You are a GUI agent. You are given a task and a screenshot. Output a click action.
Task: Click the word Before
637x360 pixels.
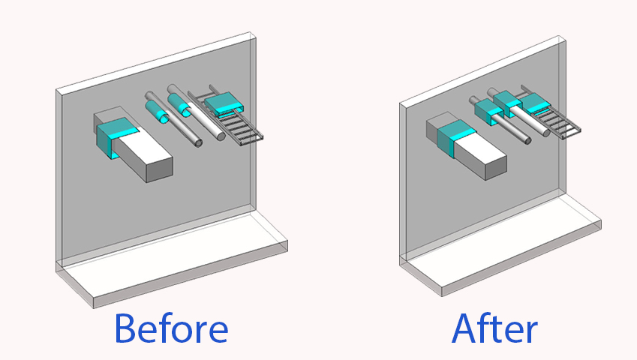(x=171, y=328)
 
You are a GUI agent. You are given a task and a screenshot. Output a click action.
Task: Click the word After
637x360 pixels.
(x=494, y=328)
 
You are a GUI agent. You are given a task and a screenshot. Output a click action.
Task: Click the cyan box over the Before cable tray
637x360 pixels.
(x=224, y=104)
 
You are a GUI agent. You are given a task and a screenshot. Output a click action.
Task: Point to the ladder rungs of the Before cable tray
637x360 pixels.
(x=239, y=126)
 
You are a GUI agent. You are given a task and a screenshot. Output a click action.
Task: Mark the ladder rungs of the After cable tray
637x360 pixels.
(x=557, y=122)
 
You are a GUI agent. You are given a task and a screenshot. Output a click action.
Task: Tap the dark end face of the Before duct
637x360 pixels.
(x=160, y=169)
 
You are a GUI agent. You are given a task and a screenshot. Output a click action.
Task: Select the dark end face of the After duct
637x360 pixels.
(x=496, y=166)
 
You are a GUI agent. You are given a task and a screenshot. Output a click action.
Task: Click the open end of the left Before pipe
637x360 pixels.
(x=198, y=142)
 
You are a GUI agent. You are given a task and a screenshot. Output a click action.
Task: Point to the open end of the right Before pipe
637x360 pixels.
(x=221, y=136)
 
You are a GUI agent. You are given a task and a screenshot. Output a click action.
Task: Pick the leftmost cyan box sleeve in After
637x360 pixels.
(x=489, y=112)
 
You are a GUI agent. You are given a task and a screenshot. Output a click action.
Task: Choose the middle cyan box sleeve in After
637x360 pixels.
(x=508, y=103)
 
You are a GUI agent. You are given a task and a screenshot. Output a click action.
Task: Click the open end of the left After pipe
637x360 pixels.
(x=527, y=141)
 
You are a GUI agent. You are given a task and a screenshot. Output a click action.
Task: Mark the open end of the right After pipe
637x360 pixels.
(x=546, y=132)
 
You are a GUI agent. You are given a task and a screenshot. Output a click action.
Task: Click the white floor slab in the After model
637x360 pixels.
(x=500, y=244)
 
